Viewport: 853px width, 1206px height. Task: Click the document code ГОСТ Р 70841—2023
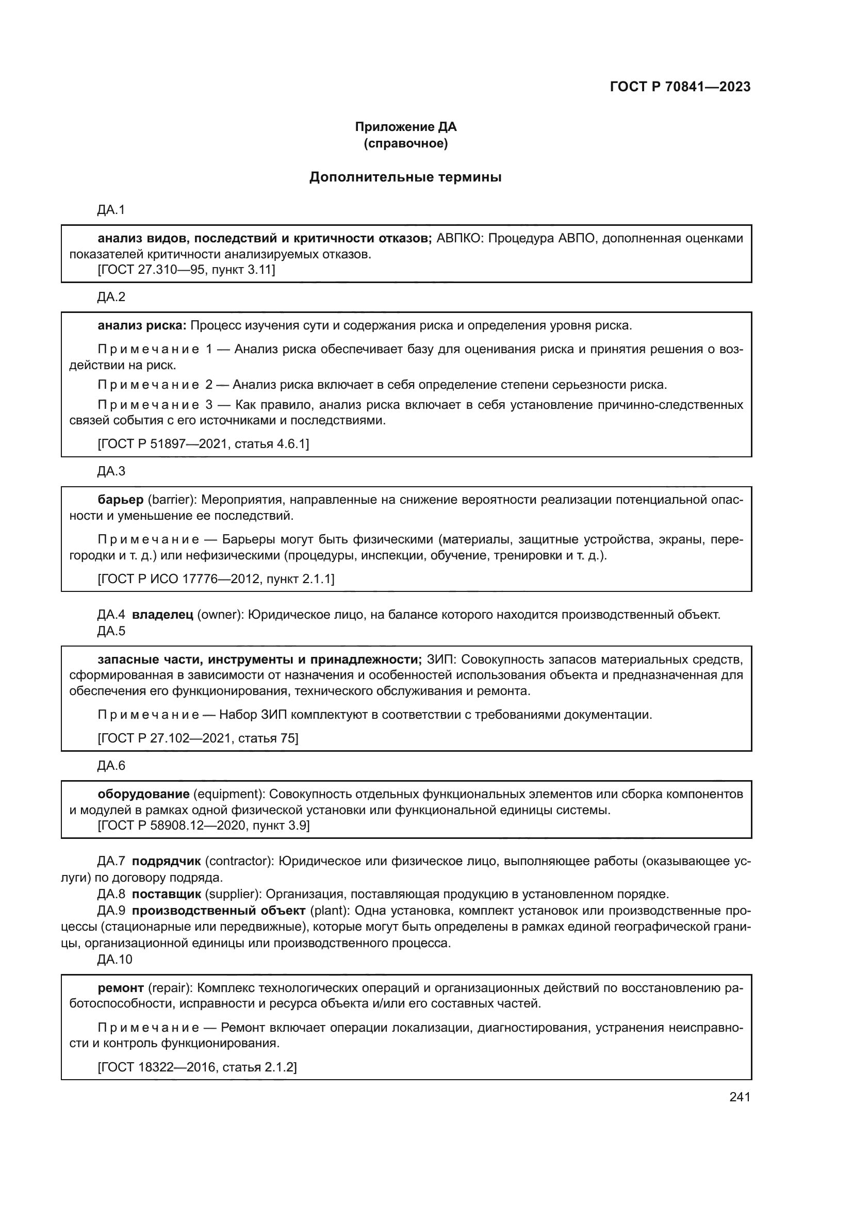(680, 87)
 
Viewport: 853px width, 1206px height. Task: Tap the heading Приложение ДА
(405, 127)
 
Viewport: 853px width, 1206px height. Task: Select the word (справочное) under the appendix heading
(405, 143)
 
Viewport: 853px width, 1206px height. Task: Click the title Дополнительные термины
(405, 177)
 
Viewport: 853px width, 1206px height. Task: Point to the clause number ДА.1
(111, 210)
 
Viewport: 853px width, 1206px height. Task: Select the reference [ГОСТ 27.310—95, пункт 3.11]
(187, 270)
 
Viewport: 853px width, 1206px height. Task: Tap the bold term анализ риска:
(142, 326)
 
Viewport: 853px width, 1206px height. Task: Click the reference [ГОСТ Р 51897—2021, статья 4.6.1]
(203, 444)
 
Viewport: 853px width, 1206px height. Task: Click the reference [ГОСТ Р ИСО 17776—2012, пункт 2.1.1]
(216, 579)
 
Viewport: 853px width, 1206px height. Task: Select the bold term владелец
(162, 615)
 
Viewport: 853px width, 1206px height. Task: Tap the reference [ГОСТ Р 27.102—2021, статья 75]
(198, 738)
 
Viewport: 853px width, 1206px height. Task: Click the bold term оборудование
(143, 794)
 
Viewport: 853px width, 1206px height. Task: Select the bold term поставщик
(167, 894)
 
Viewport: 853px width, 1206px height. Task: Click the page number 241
(740, 1097)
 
